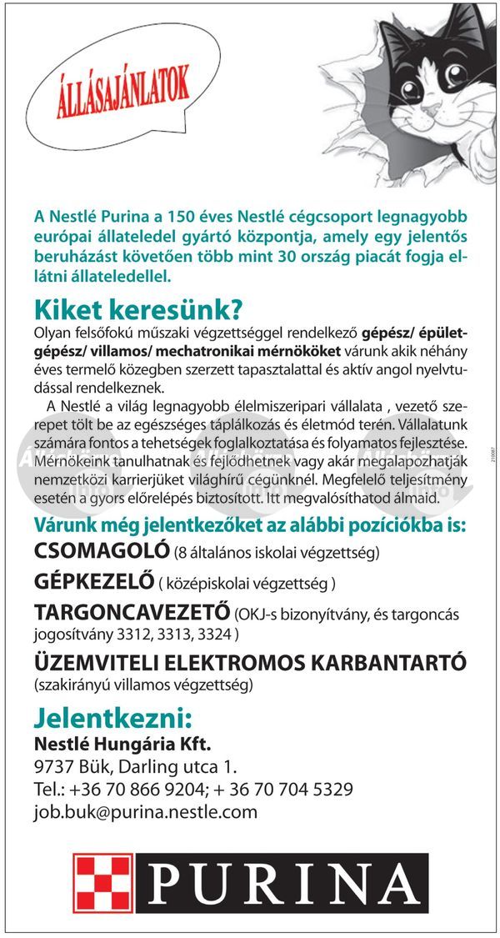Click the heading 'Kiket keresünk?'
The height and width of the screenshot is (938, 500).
[138, 309]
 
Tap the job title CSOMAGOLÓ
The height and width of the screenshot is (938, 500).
[101, 552]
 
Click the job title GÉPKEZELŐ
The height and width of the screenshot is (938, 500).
[95, 581]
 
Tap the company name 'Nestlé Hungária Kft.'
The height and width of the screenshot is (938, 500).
[122, 743]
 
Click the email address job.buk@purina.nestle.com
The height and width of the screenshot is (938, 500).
[145, 811]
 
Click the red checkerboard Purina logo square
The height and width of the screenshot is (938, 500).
[102, 883]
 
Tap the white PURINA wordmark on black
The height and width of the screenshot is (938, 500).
[283, 883]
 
